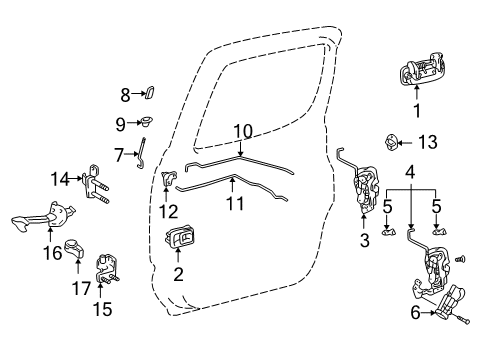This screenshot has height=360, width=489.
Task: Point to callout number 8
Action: pos(126,95)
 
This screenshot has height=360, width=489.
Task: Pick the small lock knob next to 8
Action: pos(148,94)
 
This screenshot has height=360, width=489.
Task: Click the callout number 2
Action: pos(179,274)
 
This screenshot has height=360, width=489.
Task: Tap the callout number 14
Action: pos(59,179)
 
